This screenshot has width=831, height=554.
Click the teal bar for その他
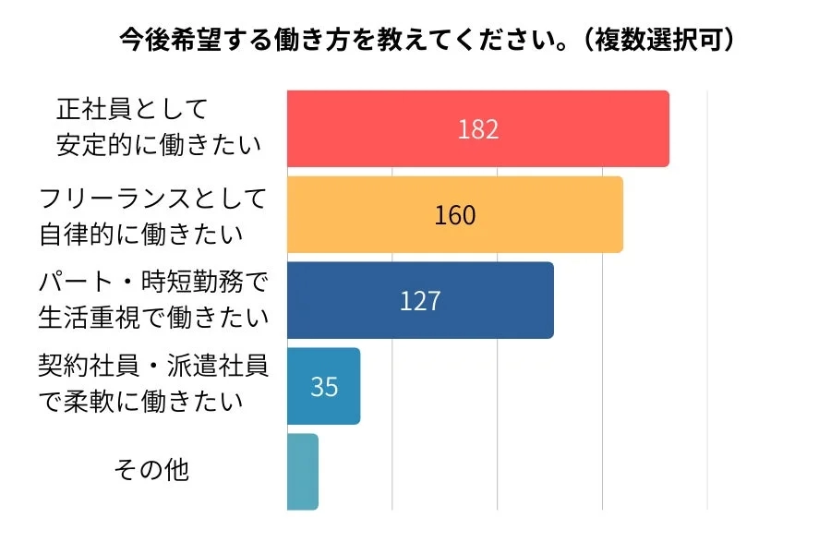point(303,471)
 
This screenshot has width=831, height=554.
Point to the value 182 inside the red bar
point(477,129)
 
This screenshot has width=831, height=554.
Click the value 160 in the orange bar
point(454,215)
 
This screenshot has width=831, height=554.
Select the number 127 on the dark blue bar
point(420,301)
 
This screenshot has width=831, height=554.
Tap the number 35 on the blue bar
point(324,387)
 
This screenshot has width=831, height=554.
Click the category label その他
point(151,470)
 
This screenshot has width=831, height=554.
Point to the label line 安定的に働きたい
point(158,145)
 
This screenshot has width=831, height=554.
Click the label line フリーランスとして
point(153,198)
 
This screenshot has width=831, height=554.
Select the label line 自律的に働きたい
point(141,233)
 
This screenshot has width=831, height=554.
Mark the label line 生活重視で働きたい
point(153,317)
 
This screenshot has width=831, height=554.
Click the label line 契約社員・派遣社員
point(153,367)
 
